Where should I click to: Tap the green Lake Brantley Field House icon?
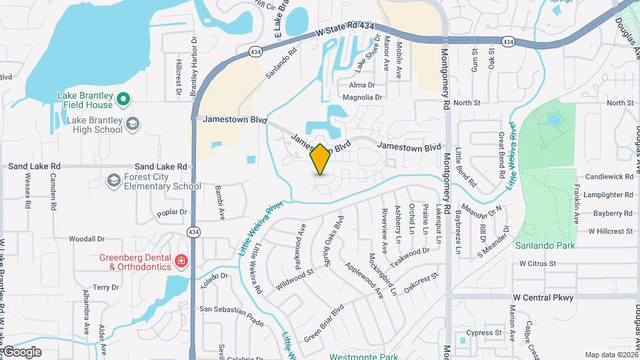pyautogui.click(x=123, y=100)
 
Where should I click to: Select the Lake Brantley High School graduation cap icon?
pyautogui.click(x=133, y=123)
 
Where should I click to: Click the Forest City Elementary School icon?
pyautogui.click(x=113, y=180)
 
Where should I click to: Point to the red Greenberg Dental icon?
pyautogui.click(x=180, y=261)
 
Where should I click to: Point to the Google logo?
pyautogui.click(x=22, y=352)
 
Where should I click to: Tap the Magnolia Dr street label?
pyautogui.click(x=363, y=97)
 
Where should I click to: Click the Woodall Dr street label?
pyautogui.click(x=87, y=239)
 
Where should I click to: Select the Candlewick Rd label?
pyautogui.click(x=609, y=177)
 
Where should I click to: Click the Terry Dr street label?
pyautogui.click(x=106, y=287)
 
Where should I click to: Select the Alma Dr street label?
pyautogui.click(x=363, y=85)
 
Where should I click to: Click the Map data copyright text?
pyautogui.click(x=610, y=355)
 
